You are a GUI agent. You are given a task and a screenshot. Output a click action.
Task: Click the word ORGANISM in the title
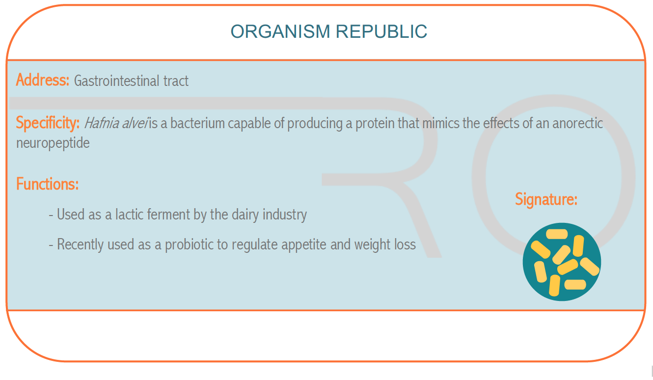click(280, 31)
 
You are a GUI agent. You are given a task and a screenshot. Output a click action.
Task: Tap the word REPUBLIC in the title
click(381, 31)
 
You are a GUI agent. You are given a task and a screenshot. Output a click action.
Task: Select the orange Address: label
click(43, 80)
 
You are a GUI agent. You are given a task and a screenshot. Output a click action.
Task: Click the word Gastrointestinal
click(117, 81)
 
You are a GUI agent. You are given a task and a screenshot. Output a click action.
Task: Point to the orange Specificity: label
click(48, 123)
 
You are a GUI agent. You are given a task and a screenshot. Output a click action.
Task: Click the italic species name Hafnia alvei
click(116, 123)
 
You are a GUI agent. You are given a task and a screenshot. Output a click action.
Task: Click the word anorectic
click(577, 123)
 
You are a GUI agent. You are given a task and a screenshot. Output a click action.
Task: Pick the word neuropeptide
click(53, 143)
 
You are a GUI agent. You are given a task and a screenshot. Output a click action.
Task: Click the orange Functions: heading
click(47, 184)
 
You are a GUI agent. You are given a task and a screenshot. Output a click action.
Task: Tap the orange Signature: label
click(546, 200)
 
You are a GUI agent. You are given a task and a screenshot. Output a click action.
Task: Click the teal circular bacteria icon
click(562, 262)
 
